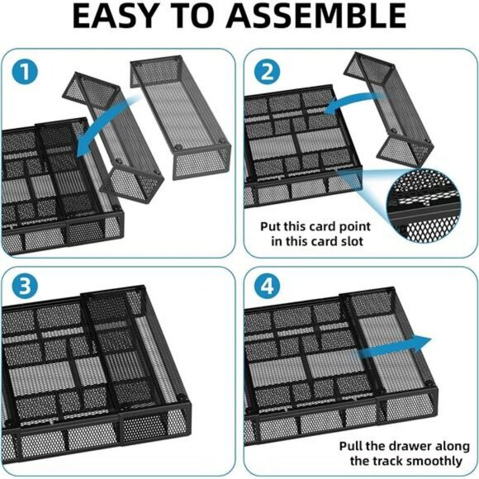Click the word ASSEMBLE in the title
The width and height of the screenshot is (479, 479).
click(x=329, y=18)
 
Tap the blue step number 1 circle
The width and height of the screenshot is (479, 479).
click(x=27, y=73)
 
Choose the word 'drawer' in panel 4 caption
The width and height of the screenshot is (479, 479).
click(x=401, y=443)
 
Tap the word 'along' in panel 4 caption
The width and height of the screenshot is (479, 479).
click(x=447, y=443)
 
